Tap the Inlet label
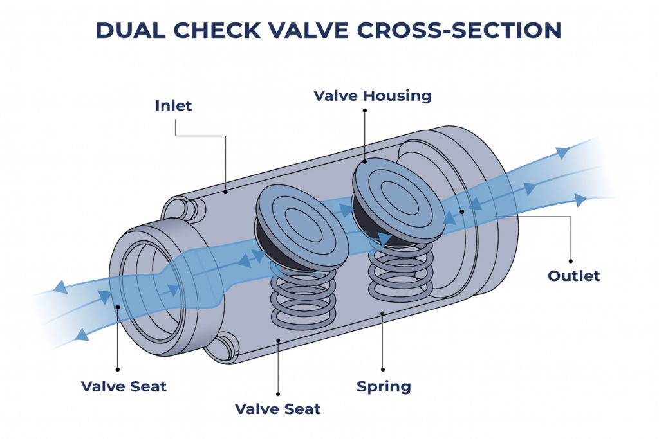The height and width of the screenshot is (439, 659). pyautogui.click(x=173, y=105)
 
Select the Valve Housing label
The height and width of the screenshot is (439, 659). pyautogui.click(x=372, y=96)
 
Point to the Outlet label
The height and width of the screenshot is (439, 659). pyautogui.click(x=573, y=276)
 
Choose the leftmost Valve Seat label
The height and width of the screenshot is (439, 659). pyautogui.click(x=124, y=386)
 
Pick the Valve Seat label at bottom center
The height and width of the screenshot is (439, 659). pyautogui.click(x=277, y=409)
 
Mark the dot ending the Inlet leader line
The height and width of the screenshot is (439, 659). pyautogui.click(x=225, y=191)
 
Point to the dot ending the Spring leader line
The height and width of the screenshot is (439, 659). pyautogui.click(x=383, y=313)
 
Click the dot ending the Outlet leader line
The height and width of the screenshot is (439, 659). pyautogui.click(x=462, y=211)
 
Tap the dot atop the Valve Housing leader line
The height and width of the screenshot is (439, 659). pyautogui.click(x=364, y=110)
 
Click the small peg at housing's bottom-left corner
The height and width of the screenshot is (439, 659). pyautogui.click(x=223, y=346)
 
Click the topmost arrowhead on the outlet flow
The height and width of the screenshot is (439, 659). pyautogui.click(x=562, y=152)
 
